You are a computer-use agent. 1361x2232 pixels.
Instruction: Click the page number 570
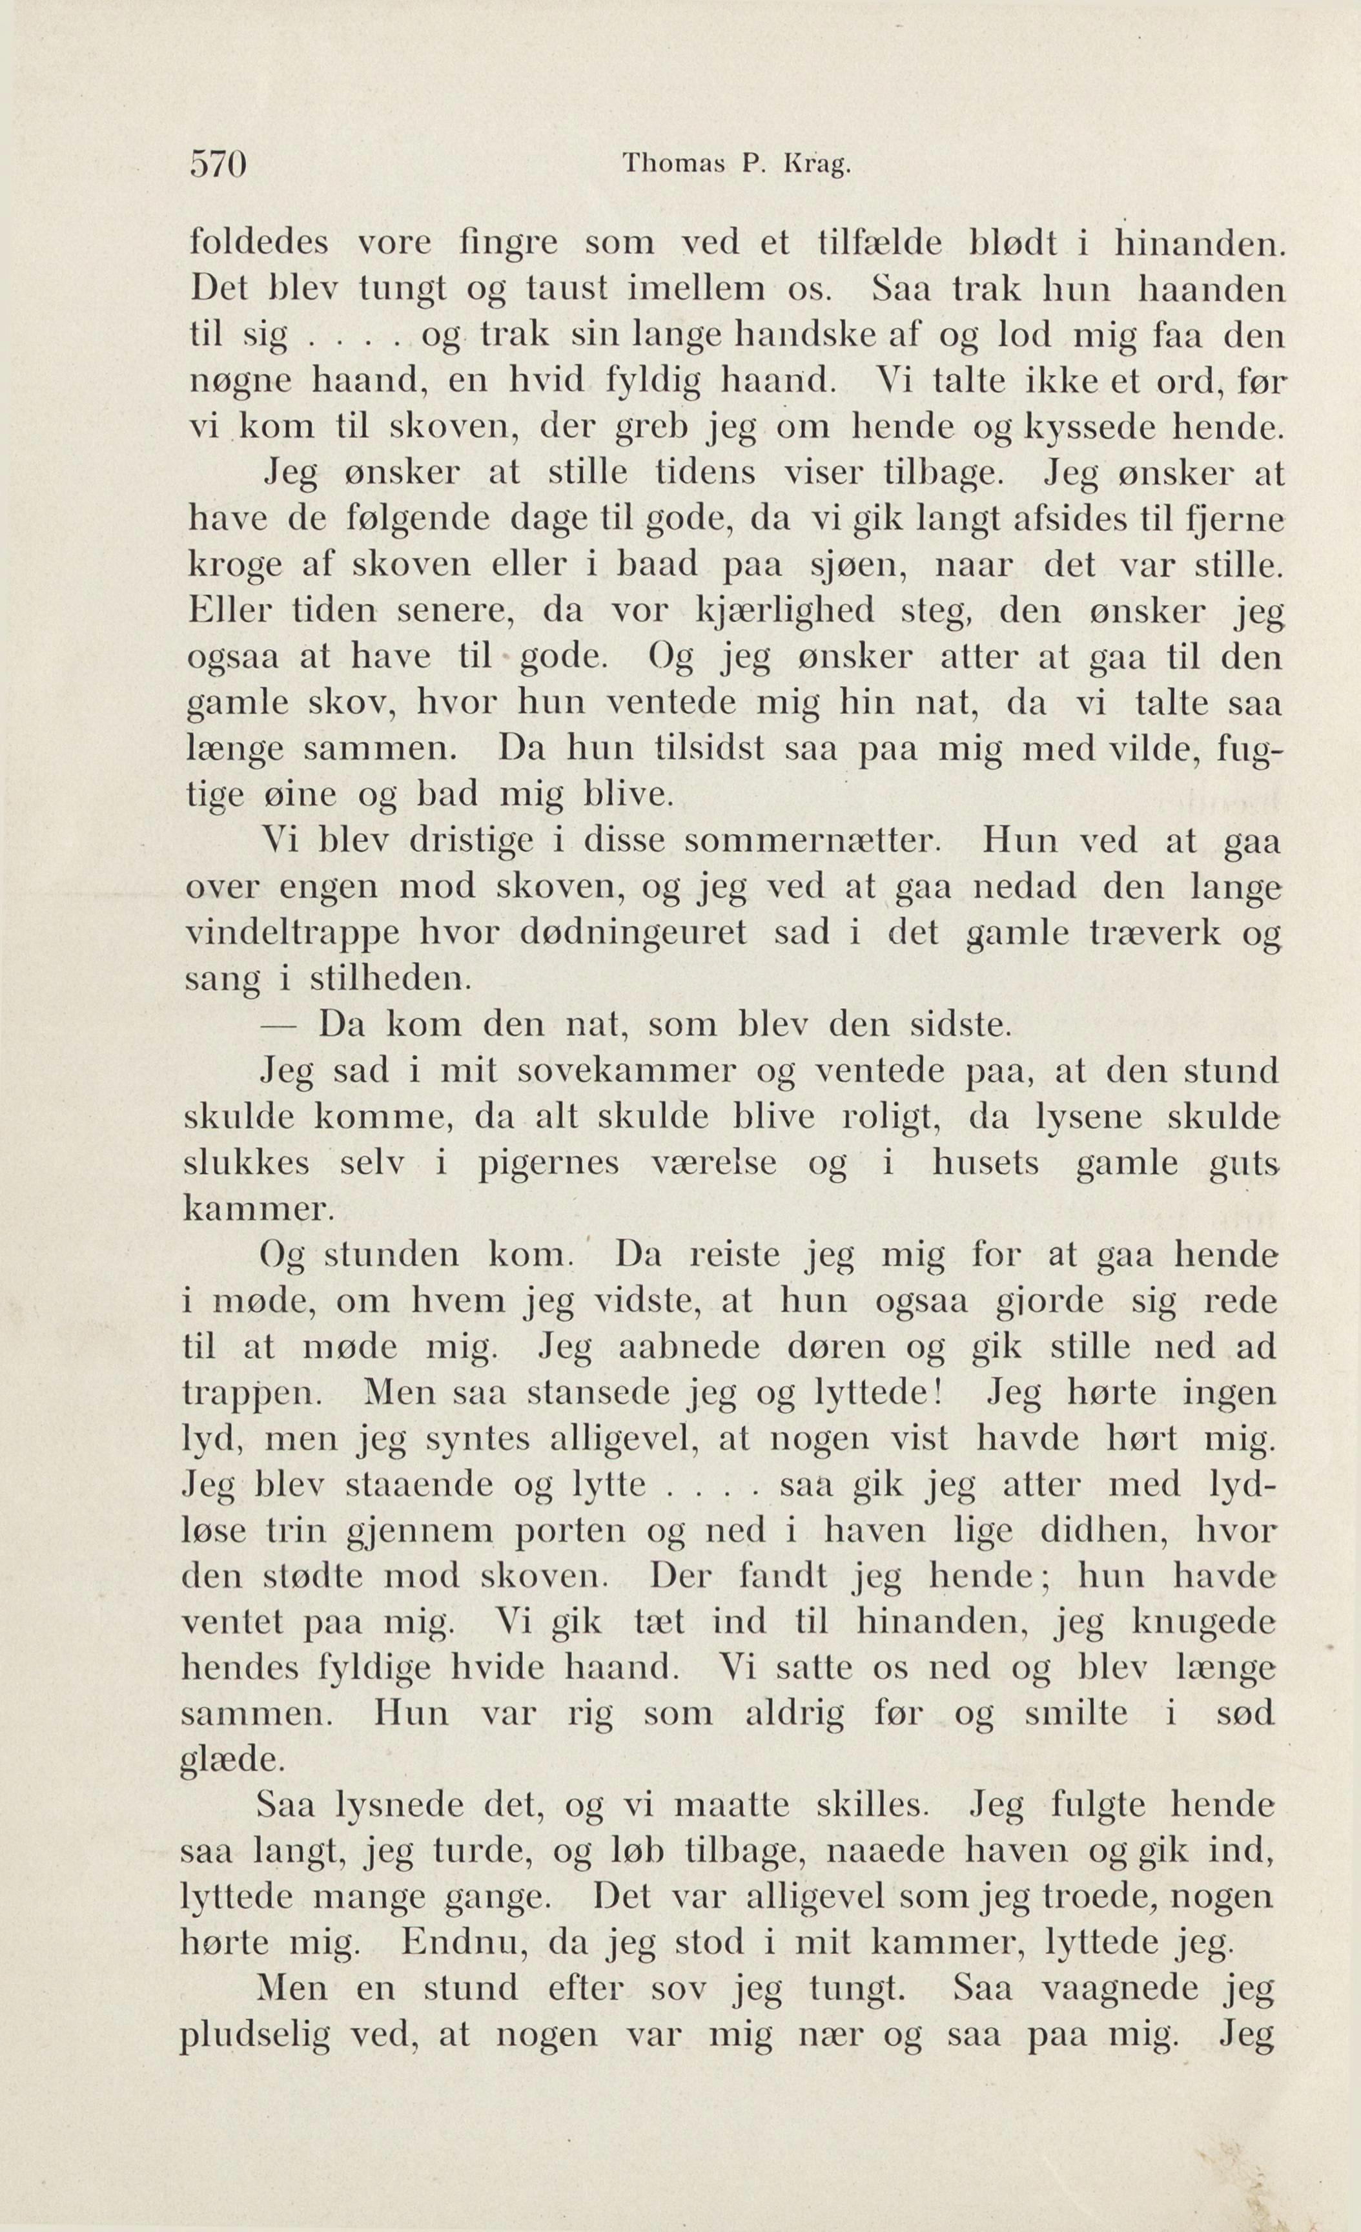click(218, 166)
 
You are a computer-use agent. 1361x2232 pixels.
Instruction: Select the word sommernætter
click(814, 842)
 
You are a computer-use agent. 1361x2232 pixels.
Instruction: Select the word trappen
click(252, 1393)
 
